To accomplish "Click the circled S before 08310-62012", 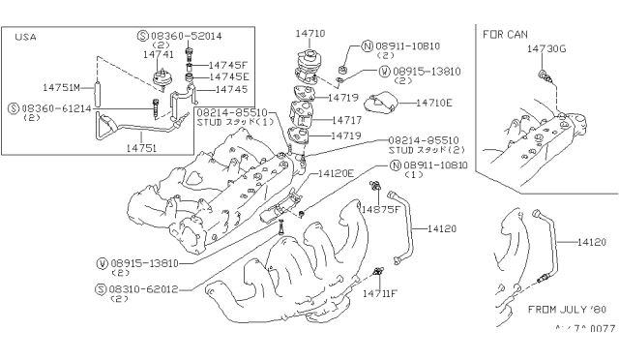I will coord(101,288).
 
